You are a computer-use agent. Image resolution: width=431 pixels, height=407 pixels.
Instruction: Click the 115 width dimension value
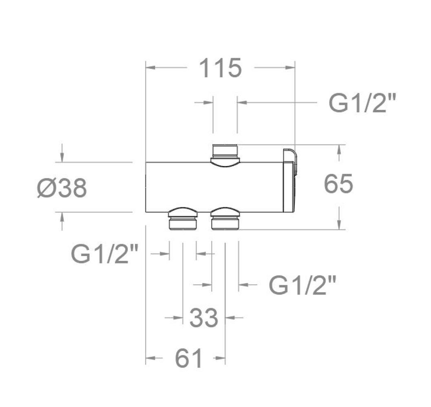221,68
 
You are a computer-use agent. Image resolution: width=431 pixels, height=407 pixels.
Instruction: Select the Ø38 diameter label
62,188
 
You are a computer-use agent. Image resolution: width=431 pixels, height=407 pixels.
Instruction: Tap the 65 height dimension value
338,183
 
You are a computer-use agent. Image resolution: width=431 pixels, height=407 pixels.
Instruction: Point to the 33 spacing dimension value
204,318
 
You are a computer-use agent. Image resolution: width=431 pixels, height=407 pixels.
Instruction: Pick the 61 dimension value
188,358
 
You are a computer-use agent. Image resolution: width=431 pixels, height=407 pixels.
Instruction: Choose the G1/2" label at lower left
104,254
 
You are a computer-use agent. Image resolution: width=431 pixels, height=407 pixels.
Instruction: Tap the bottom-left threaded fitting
183,219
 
